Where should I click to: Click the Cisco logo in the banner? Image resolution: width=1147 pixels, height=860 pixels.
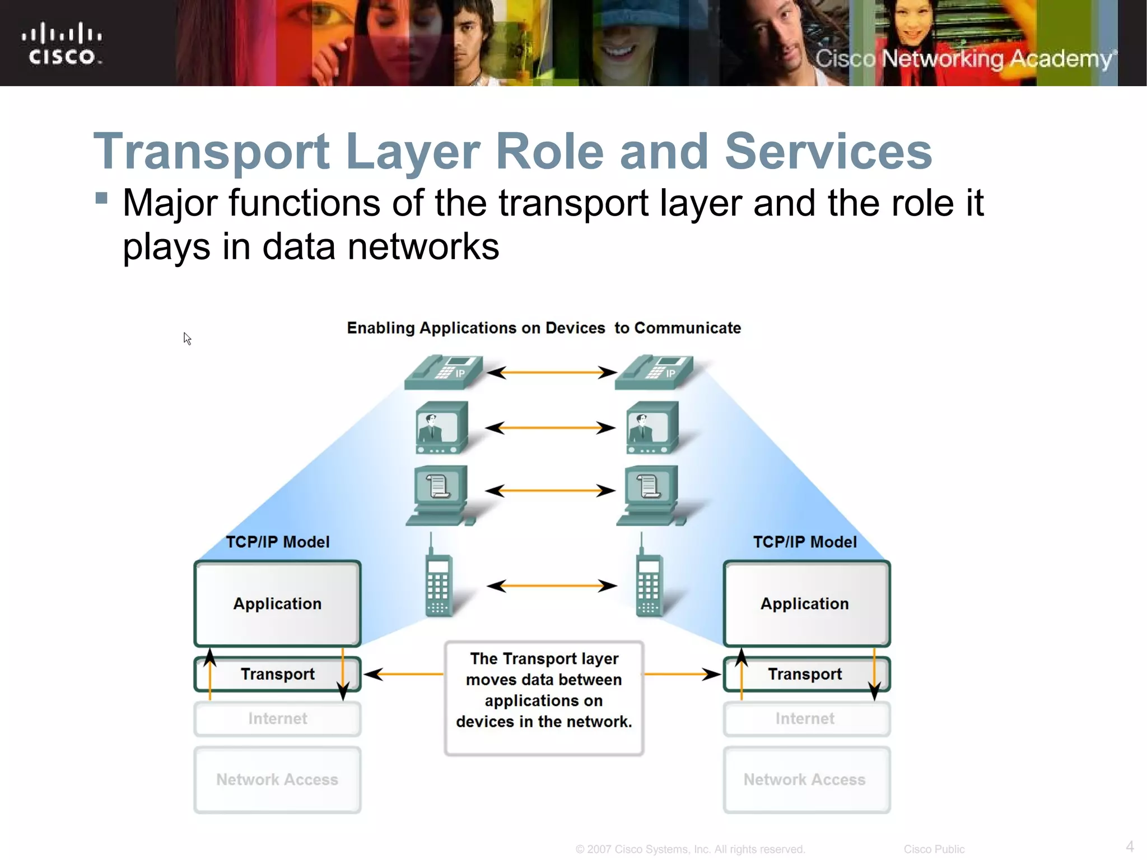pos(62,44)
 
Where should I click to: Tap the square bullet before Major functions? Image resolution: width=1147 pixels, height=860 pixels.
pos(101,198)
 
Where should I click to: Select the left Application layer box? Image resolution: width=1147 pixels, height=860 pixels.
pos(277,604)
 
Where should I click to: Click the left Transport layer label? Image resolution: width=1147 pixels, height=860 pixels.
pos(277,674)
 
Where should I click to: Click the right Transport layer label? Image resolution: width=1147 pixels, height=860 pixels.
pos(804,674)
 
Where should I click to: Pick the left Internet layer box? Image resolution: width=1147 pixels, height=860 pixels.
pos(277,718)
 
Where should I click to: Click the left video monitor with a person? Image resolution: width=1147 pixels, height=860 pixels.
pos(442,428)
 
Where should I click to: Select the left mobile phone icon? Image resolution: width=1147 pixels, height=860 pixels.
pos(439,582)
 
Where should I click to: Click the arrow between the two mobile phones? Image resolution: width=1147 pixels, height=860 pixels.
pos(552,586)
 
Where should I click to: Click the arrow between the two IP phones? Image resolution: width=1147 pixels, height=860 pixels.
pos(552,372)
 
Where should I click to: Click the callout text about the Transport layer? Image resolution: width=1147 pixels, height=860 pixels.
pos(544,690)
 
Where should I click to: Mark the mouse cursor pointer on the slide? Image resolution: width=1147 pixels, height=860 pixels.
pos(187,339)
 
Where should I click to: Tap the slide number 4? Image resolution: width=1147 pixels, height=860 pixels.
pos(1130,846)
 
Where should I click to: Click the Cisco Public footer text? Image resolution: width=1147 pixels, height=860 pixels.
pos(934,849)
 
